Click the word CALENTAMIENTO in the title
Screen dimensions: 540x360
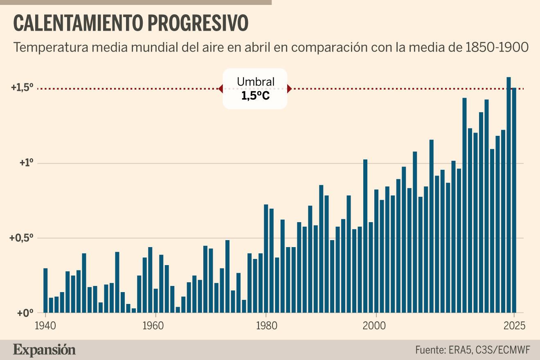(78, 23)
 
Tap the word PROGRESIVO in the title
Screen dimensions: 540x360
(198, 23)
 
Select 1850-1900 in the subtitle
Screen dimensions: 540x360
(497, 47)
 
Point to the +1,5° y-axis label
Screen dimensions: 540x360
(22, 88)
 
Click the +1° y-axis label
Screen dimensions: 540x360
(26, 163)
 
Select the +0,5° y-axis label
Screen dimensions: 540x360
(21, 238)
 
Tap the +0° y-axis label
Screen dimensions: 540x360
(25, 313)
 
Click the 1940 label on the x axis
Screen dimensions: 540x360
(45, 326)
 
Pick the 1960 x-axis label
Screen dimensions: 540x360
(153, 326)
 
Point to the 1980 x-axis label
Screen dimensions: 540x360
(266, 326)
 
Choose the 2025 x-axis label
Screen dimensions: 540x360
(514, 326)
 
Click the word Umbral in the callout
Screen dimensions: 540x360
(256, 82)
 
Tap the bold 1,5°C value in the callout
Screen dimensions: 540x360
(256, 96)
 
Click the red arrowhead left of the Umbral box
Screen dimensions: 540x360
(220, 89)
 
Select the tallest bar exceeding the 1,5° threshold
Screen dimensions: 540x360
(509, 195)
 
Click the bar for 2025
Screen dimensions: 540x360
(514, 200)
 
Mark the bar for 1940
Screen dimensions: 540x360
(45, 290)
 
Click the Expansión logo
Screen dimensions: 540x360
(44, 350)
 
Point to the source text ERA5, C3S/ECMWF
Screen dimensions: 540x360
(490, 350)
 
